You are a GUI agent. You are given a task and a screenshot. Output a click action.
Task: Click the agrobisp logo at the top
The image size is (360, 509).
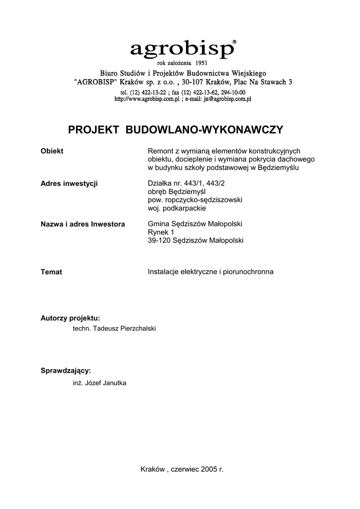181,49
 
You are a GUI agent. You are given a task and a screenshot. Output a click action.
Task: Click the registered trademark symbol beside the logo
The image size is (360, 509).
235,43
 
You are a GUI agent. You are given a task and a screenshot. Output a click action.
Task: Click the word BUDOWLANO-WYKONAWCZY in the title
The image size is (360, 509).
205,130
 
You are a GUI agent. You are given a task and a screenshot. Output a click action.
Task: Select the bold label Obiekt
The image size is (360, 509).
52,151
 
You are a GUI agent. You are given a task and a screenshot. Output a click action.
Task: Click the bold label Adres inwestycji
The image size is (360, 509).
69,183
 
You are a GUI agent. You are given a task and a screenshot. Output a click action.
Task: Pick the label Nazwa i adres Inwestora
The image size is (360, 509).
83,224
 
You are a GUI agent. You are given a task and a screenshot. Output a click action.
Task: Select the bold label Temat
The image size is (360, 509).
51,272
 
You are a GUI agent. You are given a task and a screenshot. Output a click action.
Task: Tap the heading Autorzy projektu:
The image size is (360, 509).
70,318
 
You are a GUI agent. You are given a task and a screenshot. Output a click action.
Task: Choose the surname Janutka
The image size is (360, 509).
114,383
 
